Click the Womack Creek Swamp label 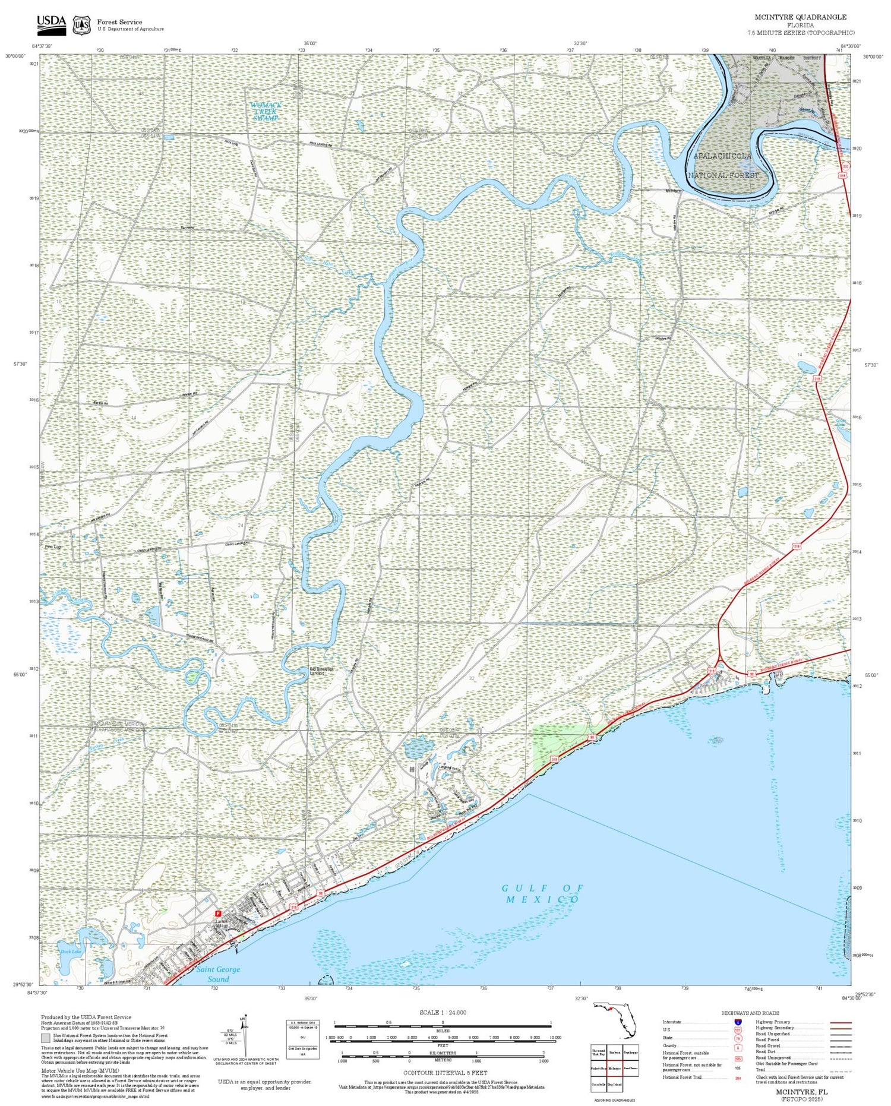[266, 111]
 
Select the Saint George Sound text [218, 974]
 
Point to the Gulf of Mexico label [542, 893]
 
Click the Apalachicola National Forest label [723, 166]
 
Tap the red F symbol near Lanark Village [217, 913]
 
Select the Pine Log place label [53, 547]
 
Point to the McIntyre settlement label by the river [672, 191]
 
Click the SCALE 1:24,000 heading [443, 1012]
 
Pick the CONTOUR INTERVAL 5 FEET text [445, 1073]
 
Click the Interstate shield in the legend [738, 1022]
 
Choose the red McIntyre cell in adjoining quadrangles [614, 1068]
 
